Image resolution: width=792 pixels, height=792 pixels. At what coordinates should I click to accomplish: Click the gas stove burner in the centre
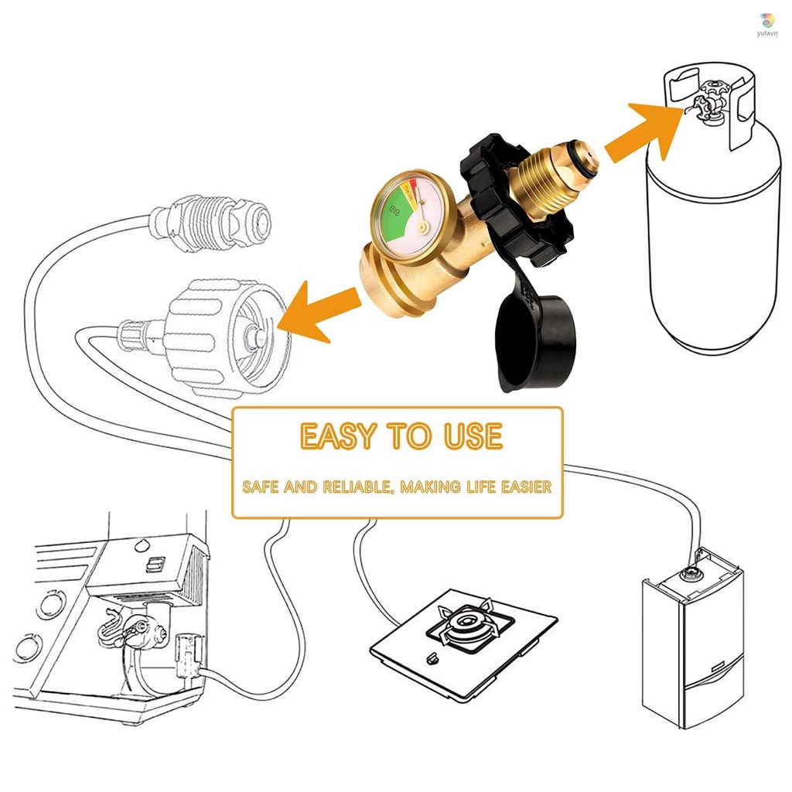point(464,622)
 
